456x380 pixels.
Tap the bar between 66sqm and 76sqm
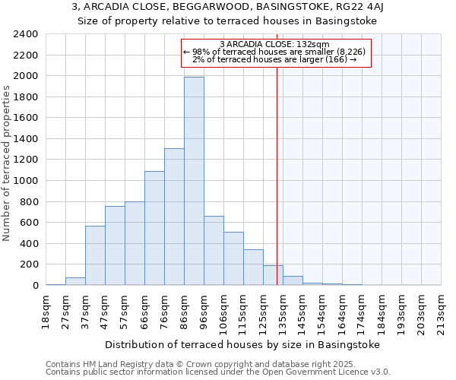[154, 228]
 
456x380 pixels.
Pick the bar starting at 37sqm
[95, 255]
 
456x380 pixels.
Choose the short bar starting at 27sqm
[75, 281]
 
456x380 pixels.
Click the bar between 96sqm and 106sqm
[214, 251]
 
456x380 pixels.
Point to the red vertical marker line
[277, 167]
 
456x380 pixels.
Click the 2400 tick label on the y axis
[26, 34]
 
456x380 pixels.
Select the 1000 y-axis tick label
[26, 181]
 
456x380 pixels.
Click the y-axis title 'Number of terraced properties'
[8, 163]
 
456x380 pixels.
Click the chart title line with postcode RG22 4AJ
[228, 8]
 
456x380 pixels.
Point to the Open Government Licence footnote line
[218, 372]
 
